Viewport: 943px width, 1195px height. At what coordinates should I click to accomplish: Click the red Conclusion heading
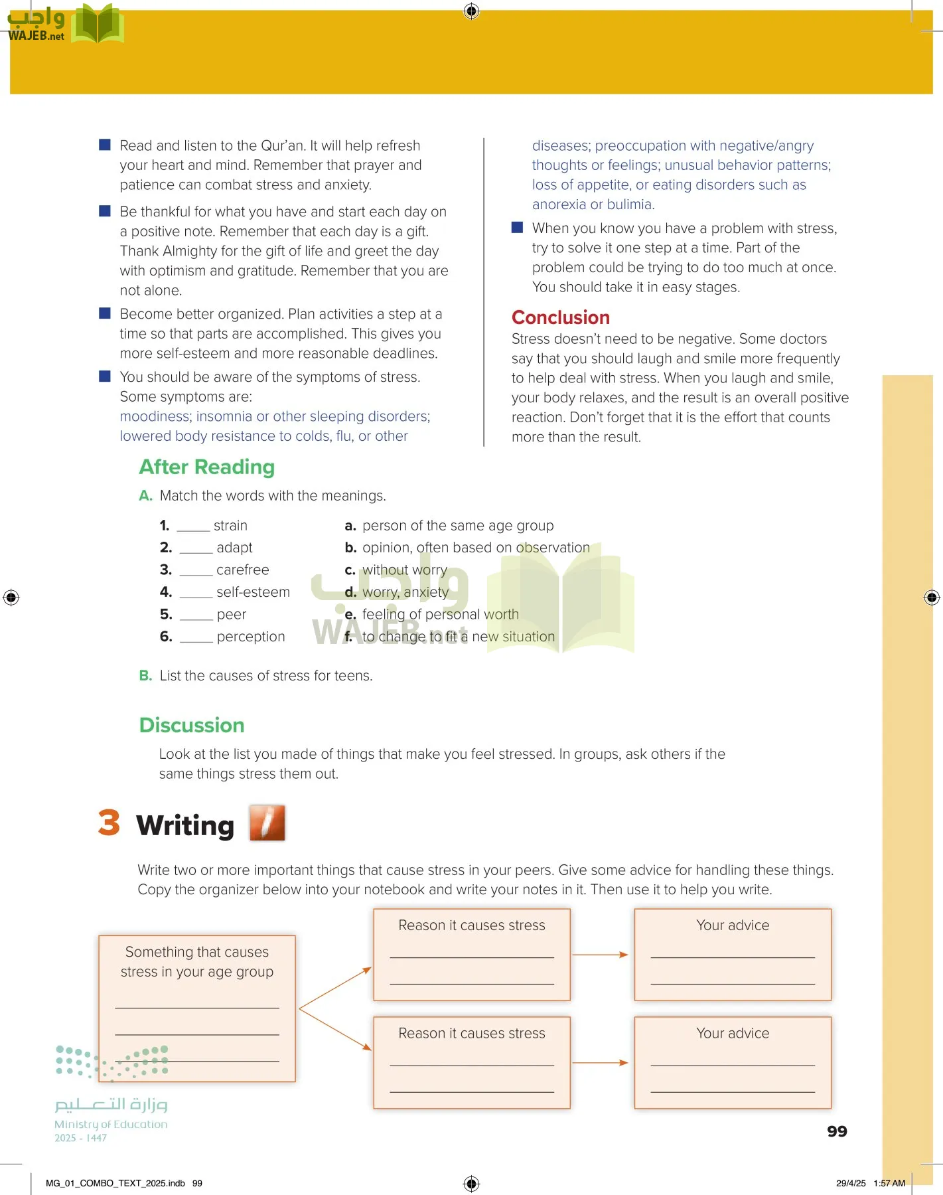click(560, 317)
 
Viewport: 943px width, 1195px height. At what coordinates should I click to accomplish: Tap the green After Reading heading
click(206, 467)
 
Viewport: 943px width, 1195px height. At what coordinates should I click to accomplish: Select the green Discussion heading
click(192, 725)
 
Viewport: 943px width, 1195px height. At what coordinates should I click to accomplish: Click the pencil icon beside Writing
click(267, 823)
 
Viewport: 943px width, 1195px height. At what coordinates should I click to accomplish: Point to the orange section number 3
click(109, 823)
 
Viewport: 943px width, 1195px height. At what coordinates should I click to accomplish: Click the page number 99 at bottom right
click(837, 1131)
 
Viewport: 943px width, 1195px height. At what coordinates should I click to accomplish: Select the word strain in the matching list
click(230, 526)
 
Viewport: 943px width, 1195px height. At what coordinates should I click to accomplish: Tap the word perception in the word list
click(251, 637)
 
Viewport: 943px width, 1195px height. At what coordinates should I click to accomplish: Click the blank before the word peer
click(196, 615)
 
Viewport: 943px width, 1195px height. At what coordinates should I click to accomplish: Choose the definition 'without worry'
click(404, 570)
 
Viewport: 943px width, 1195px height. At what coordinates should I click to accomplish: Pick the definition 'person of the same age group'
click(457, 526)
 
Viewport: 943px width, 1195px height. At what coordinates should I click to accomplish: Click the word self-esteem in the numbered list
click(253, 592)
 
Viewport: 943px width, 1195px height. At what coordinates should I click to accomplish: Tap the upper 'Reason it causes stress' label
click(471, 925)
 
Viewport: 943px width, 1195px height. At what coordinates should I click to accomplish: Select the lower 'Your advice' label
click(733, 1034)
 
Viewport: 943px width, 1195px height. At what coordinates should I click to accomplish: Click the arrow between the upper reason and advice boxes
click(601, 955)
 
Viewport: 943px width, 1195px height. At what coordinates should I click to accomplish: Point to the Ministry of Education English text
click(111, 1125)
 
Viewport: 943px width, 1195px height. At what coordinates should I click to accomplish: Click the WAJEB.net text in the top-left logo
click(36, 37)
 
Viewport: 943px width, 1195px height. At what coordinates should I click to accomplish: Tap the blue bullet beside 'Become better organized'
click(105, 313)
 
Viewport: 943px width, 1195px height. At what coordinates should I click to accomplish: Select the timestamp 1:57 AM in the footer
click(889, 1183)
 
